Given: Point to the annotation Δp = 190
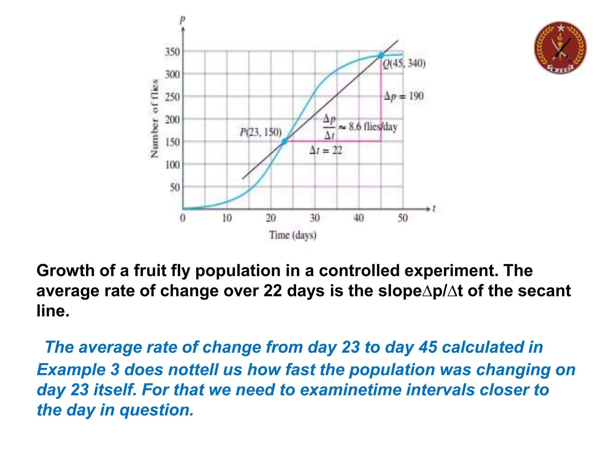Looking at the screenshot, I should click(404, 96).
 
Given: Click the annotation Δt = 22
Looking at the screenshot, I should click(326, 151).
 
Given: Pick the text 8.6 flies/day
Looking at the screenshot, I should click(373, 127).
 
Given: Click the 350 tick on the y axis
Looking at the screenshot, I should click(172, 52).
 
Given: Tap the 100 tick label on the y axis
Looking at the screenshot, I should click(172, 165).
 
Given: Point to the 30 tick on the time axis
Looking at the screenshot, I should click(315, 218).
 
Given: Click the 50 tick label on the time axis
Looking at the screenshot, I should click(403, 218).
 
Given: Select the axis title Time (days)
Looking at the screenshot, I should click(293, 235).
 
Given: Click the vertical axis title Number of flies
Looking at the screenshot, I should click(154, 119).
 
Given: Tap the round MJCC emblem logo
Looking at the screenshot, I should click(560, 48).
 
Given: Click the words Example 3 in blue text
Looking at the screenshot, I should click(78, 370).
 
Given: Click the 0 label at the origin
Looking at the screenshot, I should click(183, 218).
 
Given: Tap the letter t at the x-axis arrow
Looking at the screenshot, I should click(434, 209).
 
